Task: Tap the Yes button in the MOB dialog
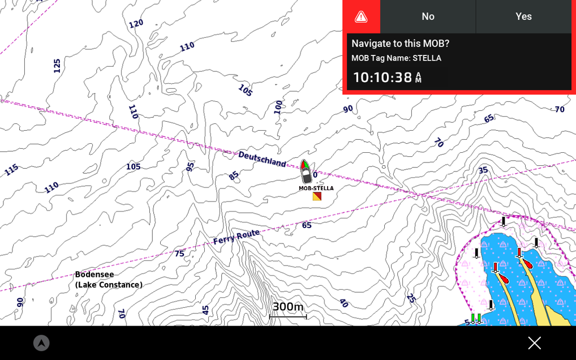point(523,16)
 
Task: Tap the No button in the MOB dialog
point(428,16)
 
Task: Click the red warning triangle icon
point(361,17)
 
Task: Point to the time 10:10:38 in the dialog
point(387,78)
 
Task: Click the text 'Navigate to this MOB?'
point(400,44)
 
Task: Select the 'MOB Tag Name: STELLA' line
point(396,58)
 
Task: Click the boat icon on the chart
point(306,171)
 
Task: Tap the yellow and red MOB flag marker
point(317,196)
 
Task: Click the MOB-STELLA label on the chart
point(316,188)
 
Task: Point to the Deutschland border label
point(262,159)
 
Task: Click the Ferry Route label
point(237,237)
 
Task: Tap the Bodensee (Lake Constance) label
point(109,280)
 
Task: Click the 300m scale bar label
point(288,307)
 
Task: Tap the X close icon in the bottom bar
point(534,343)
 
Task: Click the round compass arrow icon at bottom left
point(41,343)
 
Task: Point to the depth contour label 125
point(57,66)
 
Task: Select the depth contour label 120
point(136,24)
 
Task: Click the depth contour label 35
point(483,170)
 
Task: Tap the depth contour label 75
point(179,254)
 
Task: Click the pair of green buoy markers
point(476,319)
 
